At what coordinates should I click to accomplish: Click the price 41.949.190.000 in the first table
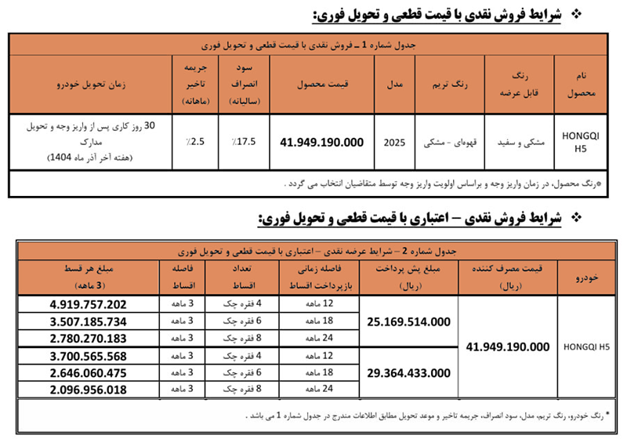coord(322,143)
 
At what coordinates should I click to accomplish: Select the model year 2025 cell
coord(397,143)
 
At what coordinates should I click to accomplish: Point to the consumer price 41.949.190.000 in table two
coord(508,346)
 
